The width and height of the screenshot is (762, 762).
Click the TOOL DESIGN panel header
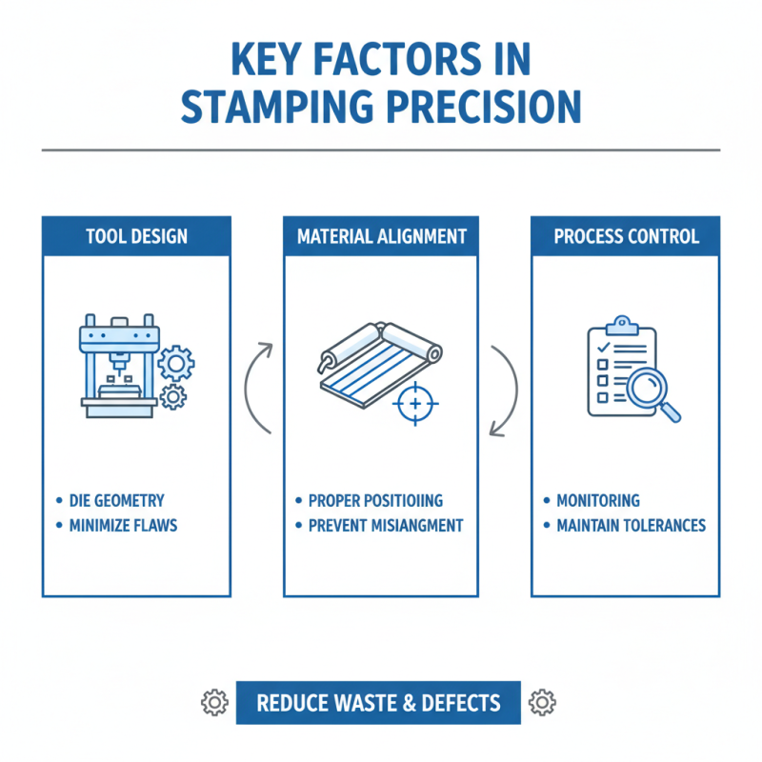click(136, 235)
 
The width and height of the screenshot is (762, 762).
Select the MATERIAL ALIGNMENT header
click(381, 235)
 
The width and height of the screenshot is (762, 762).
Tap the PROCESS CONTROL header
click(626, 235)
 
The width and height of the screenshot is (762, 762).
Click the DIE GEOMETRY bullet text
click(117, 500)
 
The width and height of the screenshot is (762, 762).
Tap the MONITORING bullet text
click(598, 500)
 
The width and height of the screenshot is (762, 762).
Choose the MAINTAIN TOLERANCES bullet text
click(631, 525)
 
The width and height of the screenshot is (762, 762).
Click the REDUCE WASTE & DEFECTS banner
click(378, 703)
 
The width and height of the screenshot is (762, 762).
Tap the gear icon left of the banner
click(214, 703)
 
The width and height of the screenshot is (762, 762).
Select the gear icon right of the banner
click(542, 703)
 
